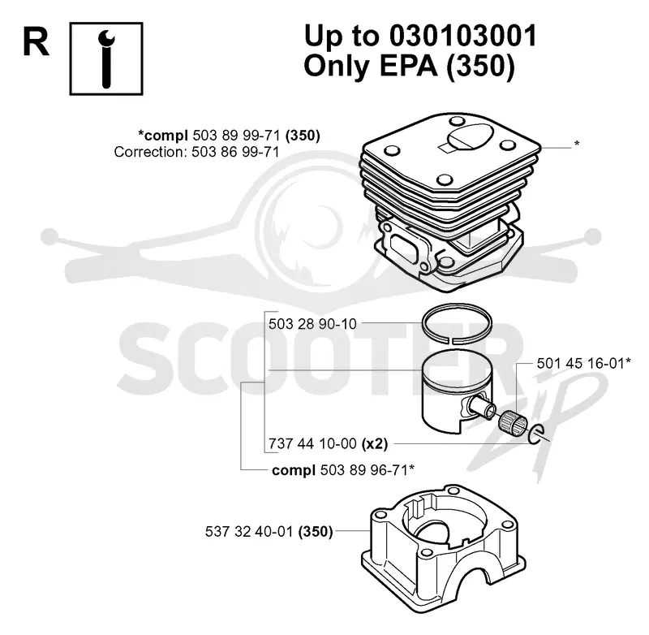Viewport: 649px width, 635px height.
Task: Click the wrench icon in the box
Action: click(106, 58)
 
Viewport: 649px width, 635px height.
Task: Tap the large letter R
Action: click(36, 43)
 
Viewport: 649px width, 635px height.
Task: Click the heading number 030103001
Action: click(462, 36)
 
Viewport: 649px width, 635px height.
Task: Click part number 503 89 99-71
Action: click(236, 136)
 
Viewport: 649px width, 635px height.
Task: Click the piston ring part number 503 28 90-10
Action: click(312, 324)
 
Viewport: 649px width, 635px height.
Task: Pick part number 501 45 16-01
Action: click(580, 364)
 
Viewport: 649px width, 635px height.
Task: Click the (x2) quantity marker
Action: click(375, 444)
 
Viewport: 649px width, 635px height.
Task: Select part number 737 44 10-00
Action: click(312, 444)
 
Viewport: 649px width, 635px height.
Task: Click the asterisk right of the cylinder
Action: click(577, 145)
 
